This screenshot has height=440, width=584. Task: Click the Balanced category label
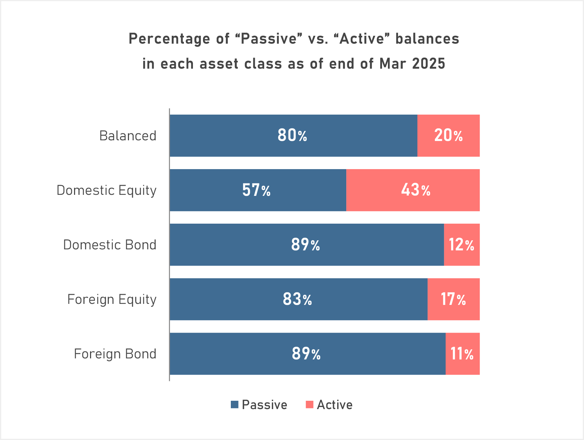128,136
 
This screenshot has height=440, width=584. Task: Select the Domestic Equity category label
106,190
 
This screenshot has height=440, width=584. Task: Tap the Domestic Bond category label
109,245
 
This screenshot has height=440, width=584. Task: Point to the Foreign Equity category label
112,299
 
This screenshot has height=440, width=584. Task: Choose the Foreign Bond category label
115,354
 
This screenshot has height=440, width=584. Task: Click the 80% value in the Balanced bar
292,135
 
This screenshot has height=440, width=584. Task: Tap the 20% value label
448,135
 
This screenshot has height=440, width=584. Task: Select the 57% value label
256,190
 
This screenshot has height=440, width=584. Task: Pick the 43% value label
416,190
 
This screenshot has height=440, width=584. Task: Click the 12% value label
461,245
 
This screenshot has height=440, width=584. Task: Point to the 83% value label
297,299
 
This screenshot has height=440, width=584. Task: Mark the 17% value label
453,299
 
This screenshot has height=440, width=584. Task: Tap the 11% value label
462,354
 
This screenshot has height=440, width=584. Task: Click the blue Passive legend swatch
235,405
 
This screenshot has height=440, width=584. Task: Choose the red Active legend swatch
309,405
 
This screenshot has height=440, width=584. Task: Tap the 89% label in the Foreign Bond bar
306,354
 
